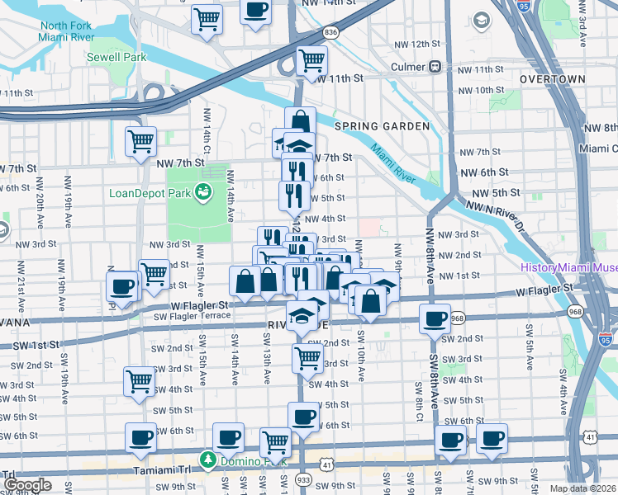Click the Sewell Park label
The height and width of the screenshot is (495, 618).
[x=116, y=57]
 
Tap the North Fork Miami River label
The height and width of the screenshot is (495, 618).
[x=64, y=31]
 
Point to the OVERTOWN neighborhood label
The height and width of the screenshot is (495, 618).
[x=553, y=79]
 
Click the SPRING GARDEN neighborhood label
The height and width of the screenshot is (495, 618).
[x=382, y=126]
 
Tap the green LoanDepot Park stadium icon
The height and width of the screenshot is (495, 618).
[x=202, y=192]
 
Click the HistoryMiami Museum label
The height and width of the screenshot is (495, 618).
[x=568, y=267]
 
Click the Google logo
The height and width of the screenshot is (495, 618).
[x=27, y=485]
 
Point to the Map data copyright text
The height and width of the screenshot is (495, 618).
[x=583, y=488]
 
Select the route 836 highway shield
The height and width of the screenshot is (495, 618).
[x=330, y=31]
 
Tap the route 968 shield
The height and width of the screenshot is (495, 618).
[x=459, y=318]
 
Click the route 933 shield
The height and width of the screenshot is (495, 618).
[x=302, y=479]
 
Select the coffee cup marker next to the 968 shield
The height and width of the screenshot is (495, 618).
[x=435, y=319]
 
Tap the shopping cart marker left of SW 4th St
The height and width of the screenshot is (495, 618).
[x=139, y=381]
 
